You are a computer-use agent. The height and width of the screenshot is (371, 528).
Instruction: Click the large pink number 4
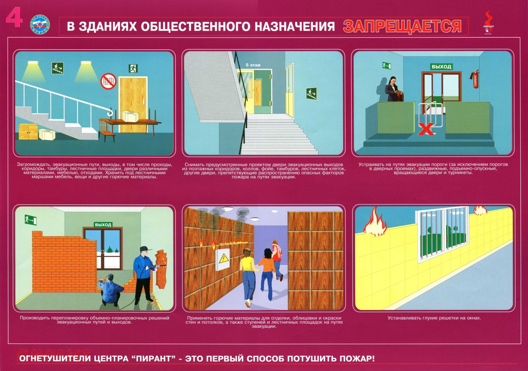coord(14,17)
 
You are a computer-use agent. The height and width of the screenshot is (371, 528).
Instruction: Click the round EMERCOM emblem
coord(40,24)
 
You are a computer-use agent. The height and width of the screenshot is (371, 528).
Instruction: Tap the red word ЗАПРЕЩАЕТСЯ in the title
coord(402,26)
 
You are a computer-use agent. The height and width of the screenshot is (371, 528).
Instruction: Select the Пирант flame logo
coord(488,23)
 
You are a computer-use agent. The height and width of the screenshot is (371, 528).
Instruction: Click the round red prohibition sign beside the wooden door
coord(109,81)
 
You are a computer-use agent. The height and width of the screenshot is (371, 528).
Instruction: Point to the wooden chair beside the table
coord(106,130)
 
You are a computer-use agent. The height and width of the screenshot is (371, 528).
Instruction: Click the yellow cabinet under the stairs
coord(28,131)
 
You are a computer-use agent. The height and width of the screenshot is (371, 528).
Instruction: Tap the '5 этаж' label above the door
coord(253,65)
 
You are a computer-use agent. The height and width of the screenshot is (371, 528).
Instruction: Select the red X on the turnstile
coord(426,129)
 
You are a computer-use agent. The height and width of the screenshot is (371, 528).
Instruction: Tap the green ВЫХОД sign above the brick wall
coord(103,225)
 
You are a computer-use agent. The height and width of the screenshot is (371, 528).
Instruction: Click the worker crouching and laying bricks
coord(111,289)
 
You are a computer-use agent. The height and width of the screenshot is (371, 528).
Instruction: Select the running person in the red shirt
coord(277,260)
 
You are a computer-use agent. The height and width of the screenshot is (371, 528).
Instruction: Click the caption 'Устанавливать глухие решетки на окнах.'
coord(434,318)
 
